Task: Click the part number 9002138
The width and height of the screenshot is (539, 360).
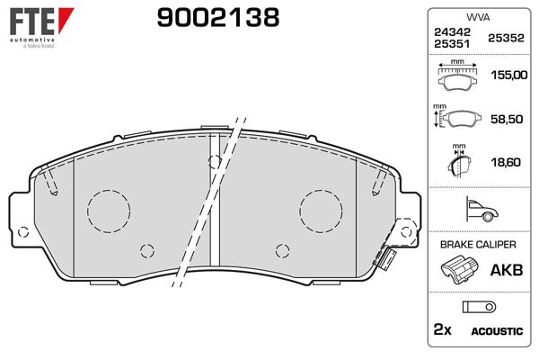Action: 218,18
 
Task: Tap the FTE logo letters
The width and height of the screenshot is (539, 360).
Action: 32,22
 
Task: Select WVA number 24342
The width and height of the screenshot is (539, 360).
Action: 452,32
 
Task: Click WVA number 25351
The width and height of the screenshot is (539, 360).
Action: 452,44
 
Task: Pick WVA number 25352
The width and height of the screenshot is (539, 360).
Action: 506,38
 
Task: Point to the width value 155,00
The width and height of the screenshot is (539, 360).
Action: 509,75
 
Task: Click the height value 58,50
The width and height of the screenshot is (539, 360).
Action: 507,119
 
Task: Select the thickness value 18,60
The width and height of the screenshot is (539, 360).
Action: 506,162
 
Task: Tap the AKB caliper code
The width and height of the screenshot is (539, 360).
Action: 507,270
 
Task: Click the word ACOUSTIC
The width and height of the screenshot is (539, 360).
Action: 497,331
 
